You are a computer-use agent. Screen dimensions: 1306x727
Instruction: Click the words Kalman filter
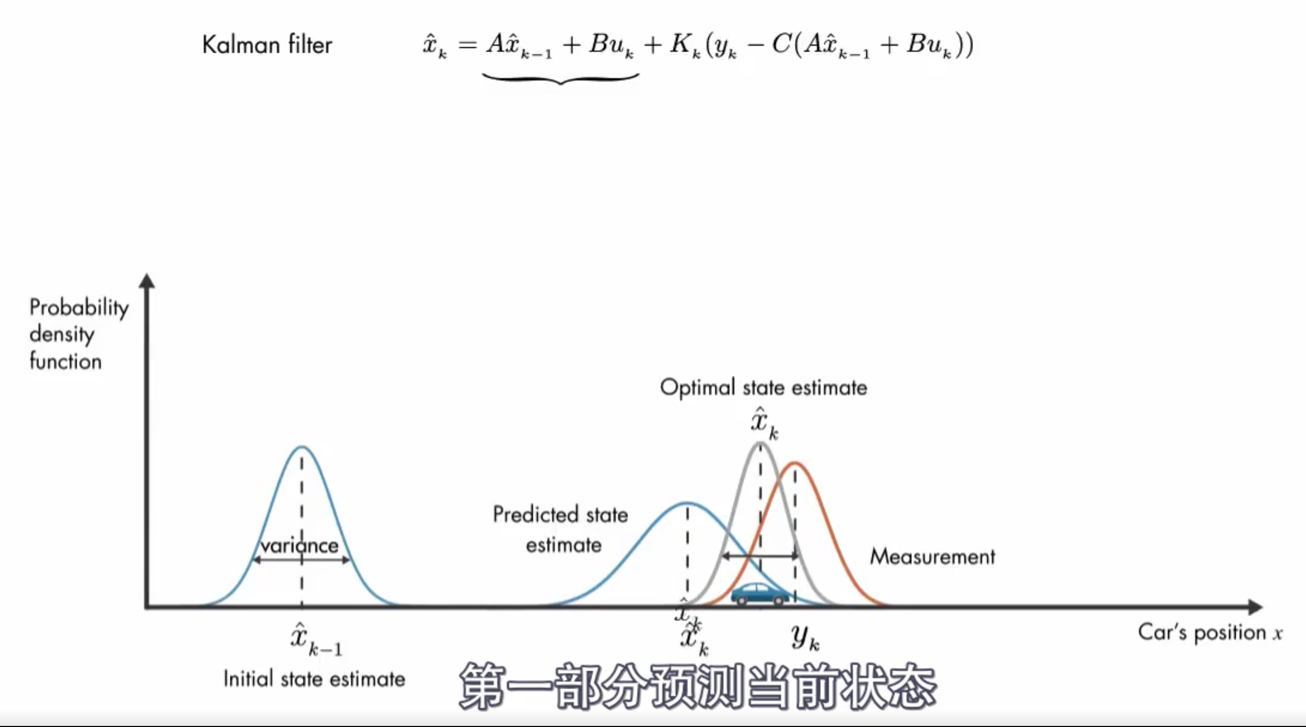pyautogui.click(x=267, y=45)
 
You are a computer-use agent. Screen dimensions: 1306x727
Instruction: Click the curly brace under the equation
pyautogui.click(x=560, y=79)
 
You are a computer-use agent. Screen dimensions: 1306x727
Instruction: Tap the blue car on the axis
pyautogui.click(x=760, y=594)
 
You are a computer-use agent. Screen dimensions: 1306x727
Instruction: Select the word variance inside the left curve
pyautogui.click(x=299, y=546)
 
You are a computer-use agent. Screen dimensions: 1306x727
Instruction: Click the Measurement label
pyautogui.click(x=932, y=557)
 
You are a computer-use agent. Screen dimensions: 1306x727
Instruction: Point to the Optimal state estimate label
pyautogui.click(x=763, y=387)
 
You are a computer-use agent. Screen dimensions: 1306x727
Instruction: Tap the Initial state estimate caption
pyautogui.click(x=314, y=679)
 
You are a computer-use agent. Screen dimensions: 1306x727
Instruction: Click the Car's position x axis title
pyautogui.click(x=1210, y=633)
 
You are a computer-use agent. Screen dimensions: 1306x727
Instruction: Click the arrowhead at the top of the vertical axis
pyautogui.click(x=147, y=281)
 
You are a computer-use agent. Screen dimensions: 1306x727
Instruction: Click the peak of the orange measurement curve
pyautogui.click(x=795, y=463)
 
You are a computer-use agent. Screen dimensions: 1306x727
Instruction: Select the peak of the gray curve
pyautogui.click(x=760, y=443)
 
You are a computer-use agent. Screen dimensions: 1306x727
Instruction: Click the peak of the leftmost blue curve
pyautogui.click(x=302, y=447)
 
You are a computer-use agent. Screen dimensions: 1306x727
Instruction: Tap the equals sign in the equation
pyautogui.click(x=467, y=45)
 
